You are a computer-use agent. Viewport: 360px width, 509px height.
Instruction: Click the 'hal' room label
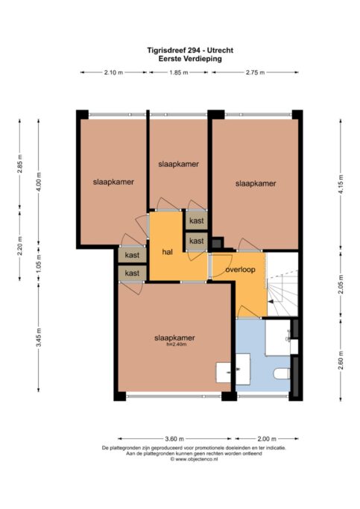click(x=167, y=252)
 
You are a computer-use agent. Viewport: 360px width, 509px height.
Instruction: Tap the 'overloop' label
click(x=240, y=270)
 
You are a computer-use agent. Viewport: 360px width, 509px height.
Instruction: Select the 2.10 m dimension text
click(x=113, y=72)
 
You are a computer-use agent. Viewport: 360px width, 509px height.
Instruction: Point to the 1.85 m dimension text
click(x=179, y=72)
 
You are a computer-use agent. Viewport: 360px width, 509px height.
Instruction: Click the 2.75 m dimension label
click(x=255, y=72)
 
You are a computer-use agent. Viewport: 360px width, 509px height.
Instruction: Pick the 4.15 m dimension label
click(x=341, y=184)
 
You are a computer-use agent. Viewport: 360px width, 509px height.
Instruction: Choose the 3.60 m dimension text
click(x=174, y=439)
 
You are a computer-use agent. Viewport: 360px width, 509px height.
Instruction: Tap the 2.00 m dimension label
click(x=267, y=439)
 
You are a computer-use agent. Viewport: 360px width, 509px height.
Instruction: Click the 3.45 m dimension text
click(x=39, y=338)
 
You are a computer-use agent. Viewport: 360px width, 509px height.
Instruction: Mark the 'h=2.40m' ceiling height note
click(x=176, y=344)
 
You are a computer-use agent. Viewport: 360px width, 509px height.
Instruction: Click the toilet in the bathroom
click(x=282, y=373)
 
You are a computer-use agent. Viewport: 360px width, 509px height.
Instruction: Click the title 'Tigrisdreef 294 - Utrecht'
click(x=190, y=51)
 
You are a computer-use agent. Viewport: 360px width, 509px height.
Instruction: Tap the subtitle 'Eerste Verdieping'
click(x=190, y=59)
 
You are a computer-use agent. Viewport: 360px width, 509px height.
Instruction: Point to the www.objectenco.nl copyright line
click(x=194, y=459)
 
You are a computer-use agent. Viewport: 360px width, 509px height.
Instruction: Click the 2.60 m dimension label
click(x=341, y=361)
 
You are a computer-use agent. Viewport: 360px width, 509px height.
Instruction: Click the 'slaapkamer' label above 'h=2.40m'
click(x=174, y=338)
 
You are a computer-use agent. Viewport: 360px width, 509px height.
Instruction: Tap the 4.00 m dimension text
click(x=39, y=182)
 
